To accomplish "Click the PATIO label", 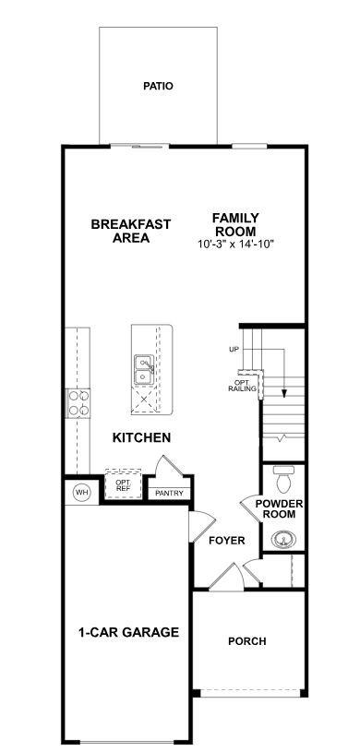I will pyautogui.click(x=158, y=86).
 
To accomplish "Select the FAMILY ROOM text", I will pyautogui.click(x=236, y=224).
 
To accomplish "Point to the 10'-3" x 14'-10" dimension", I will pyautogui.click(x=236, y=245).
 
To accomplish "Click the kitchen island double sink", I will pyautogui.click(x=144, y=370).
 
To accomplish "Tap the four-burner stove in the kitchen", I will pyautogui.click(x=78, y=402).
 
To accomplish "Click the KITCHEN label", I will pyautogui.click(x=141, y=437).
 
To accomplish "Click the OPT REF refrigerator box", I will pyautogui.click(x=122, y=485).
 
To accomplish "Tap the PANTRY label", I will pyautogui.click(x=169, y=494).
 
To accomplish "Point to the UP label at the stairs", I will pyautogui.click(x=234, y=349).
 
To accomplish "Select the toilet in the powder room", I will pyautogui.click(x=284, y=481).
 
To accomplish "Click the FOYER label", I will pyautogui.click(x=226, y=541).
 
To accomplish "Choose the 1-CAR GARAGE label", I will pyautogui.click(x=128, y=632).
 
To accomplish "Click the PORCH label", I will pyautogui.click(x=247, y=640).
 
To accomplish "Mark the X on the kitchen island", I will pyautogui.click(x=144, y=400).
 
